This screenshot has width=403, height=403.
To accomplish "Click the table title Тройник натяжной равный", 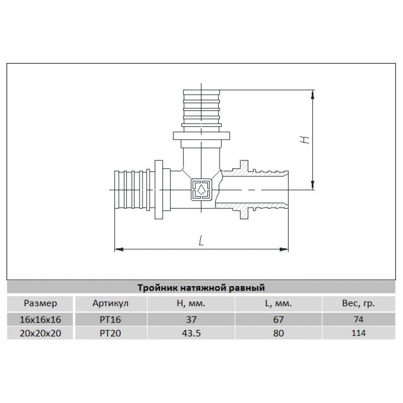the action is [201, 287].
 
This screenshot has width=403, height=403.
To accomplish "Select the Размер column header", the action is [40, 303].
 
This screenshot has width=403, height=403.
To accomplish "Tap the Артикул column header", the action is [110, 303].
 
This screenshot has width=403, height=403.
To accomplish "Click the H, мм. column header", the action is [191, 304].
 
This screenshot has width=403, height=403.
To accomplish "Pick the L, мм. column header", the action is [279, 304].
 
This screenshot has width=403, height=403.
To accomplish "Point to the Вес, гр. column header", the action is [358, 304].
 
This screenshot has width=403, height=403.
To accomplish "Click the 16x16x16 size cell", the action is [40, 319].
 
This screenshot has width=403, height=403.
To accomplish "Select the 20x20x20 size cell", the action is [40, 333].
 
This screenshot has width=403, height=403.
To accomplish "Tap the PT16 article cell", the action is [110, 319].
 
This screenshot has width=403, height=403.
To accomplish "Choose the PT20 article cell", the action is [110, 333].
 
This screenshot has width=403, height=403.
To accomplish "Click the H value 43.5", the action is [191, 333].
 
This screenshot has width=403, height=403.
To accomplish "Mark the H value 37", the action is [191, 319].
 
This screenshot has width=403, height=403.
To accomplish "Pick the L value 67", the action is [279, 319].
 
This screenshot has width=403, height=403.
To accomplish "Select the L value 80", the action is [279, 333].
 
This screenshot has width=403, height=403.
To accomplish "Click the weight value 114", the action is [358, 333].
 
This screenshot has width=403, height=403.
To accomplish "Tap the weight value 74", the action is [358, 319].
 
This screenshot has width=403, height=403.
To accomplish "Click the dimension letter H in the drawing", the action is [305, 140].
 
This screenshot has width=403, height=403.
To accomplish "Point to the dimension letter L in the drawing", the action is [201, 240].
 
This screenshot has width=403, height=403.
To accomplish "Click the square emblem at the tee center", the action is [201, 190].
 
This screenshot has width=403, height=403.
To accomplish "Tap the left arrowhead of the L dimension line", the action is [119, 249].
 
